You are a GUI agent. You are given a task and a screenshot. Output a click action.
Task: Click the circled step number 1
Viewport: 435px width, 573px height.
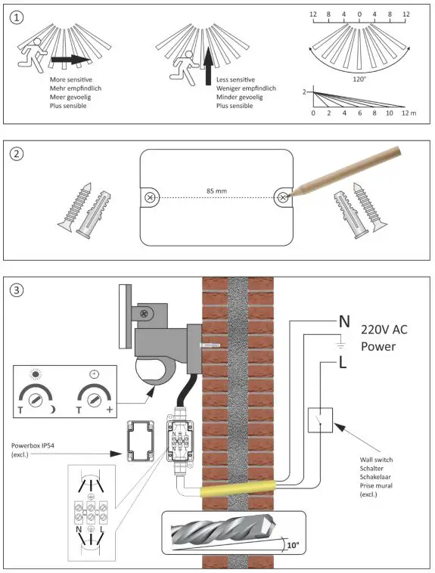[x=17, y=17]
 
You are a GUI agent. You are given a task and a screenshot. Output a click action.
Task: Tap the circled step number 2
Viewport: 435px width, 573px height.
[x=17, y=154]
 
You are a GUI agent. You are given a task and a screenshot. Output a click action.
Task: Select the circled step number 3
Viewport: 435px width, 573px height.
[x=17, y=290]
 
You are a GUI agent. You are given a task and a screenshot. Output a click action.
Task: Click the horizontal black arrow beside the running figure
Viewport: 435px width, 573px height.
[x=70, y=60]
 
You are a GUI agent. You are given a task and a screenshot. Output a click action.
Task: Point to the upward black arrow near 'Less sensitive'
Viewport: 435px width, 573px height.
[x=208, y=66]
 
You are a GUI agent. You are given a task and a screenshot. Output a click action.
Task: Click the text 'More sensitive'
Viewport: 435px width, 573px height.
[x=71, y=79]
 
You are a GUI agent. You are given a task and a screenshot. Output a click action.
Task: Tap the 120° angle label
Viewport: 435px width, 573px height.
[x=359, y=79]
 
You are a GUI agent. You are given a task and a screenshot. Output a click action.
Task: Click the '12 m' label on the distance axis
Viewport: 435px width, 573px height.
[x=409, y=113]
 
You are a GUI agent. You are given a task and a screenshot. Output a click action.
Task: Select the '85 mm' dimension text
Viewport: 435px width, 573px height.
[x=216, y=190]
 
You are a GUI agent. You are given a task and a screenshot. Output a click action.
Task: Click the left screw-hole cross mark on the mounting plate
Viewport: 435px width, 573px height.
[x=149, y=197]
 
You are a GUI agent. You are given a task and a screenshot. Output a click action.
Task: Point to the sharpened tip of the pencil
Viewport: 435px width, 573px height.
[x=287, y=197]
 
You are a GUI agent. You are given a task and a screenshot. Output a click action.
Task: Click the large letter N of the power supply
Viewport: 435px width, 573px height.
[x=344, y=321]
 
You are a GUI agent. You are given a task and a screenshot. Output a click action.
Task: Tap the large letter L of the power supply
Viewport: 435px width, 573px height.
[x=343, y=363]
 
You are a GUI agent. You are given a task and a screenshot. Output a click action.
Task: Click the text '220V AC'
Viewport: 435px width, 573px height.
[x=384, y=330]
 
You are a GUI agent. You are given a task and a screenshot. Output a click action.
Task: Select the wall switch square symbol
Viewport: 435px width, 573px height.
[x=320, y=420]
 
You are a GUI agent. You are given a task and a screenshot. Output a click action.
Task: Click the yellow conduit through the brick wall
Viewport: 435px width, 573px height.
[x=238, y=488]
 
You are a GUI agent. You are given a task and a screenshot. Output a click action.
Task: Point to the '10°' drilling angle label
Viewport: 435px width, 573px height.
[x=293, y=545]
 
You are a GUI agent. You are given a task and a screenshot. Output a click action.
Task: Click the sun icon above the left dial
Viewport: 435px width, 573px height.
[x=35, y=374]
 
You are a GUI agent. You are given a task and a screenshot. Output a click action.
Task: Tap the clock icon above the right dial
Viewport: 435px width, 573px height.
[x=94, y=374]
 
